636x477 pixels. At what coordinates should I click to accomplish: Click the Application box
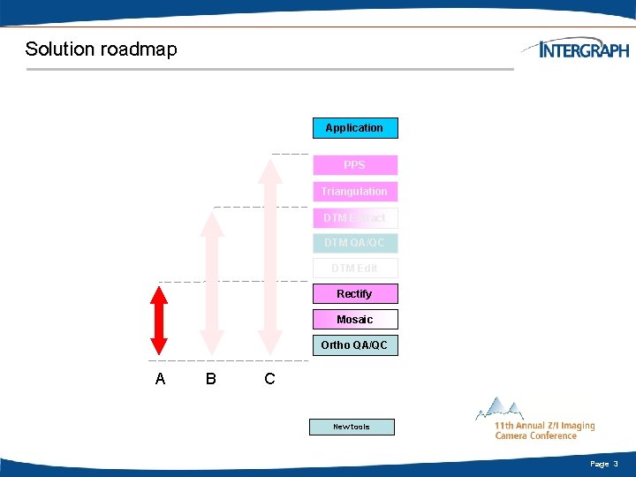(355, 128)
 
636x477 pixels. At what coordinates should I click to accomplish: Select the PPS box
(355, 165)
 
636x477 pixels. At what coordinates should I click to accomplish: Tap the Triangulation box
(355, 192)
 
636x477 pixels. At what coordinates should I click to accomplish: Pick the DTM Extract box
(355, 218)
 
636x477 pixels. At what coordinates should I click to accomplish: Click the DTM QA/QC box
(355, 243)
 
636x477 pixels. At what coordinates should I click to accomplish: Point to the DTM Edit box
(355, 269)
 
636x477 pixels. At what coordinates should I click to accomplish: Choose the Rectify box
(355, 294)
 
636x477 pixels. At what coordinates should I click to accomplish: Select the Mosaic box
(355, 320)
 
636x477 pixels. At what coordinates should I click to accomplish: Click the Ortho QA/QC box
(355, 345)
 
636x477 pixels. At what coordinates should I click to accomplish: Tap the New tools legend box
(352, 428)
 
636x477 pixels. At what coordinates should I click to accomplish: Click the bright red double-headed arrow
(159, 320)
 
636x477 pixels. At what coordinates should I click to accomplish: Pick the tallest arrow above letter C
(270, 256)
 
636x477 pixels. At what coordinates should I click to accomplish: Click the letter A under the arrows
(160, 379)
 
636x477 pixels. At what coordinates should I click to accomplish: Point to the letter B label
(210, 379)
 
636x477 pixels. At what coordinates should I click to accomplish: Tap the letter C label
(269, 379)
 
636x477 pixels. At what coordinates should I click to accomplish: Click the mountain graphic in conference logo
(500, 409)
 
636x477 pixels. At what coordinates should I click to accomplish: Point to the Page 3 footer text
(604, 464)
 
